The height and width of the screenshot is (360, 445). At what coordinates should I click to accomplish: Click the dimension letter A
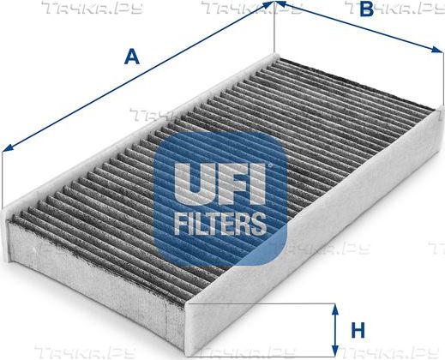[132, 57]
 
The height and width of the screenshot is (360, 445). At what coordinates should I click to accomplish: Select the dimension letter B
[367, 9]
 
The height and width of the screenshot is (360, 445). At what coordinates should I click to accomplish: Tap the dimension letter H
[358, 330]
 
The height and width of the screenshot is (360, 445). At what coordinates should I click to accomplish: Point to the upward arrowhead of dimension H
[335, 309]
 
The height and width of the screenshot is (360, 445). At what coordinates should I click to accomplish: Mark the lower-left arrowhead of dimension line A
[8, 147]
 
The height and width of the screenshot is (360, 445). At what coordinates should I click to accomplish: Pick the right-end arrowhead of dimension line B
[438, 50]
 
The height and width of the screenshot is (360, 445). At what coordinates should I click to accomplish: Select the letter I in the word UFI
[256, 184]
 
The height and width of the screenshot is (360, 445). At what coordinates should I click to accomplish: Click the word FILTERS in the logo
[219, 224]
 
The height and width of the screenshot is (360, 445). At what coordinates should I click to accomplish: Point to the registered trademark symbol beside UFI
[268, 165]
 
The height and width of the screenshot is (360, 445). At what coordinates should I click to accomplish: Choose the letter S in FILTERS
[258, 224]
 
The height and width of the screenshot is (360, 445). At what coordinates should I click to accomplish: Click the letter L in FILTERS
[201, 224]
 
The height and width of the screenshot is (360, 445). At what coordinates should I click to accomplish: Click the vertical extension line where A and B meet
[274, 27]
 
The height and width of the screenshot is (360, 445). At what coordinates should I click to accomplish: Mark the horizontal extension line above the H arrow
[261, 303]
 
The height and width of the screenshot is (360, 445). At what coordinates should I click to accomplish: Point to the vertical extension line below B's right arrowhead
[443, 78]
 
